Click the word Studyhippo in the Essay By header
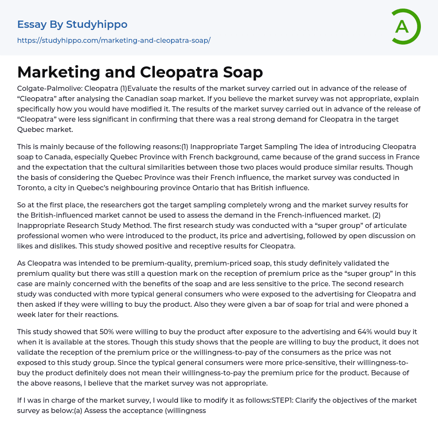point(97,24)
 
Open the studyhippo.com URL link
point(114,41)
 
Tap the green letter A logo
point(402,27)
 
